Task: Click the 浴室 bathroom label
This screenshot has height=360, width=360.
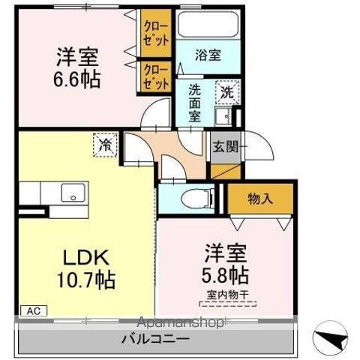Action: [x=207, y=54]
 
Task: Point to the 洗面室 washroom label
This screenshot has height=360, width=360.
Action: [x=194, y=102]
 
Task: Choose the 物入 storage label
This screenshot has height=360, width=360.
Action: [x=260, y=199]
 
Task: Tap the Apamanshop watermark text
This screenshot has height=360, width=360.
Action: [x=179, y=323]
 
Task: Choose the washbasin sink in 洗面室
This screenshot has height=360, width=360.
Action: [x=222, y=116]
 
